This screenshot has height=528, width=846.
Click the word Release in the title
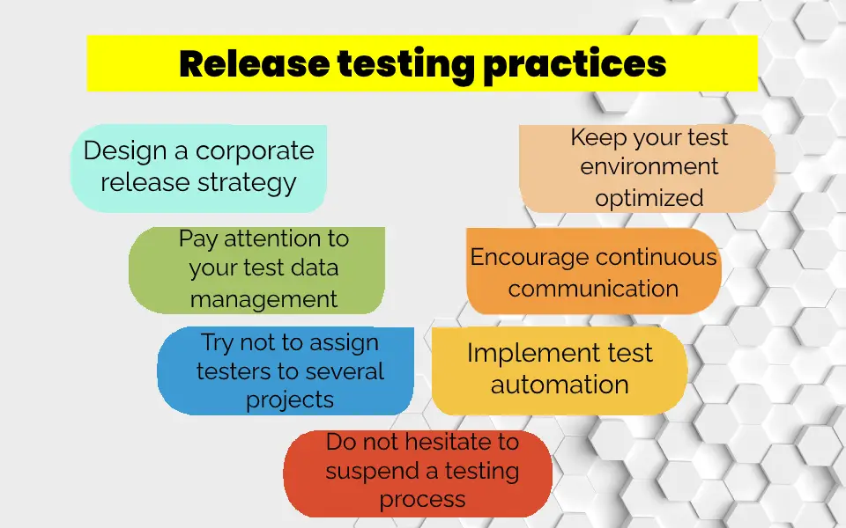click(254, 63)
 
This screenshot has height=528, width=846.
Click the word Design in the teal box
click(124, 151)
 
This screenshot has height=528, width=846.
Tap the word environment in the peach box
click(649, 166)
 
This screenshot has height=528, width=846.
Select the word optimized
click(649, 199)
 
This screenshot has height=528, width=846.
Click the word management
click(263, 299)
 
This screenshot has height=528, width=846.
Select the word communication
click(593, 289)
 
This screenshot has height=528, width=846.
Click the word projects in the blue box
click(290, 400)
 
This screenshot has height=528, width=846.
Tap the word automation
click(560, 385)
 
